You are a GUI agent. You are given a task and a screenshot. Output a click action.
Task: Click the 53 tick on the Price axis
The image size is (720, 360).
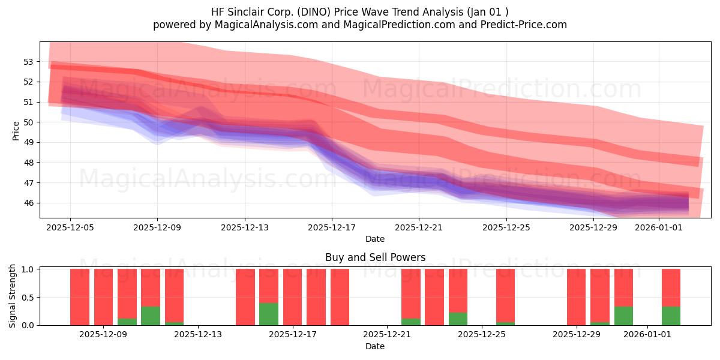pos(28,62)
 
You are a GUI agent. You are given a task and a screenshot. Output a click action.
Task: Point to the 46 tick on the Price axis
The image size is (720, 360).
pos(28,203)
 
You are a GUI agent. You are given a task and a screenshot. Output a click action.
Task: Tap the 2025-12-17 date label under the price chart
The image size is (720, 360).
pos(332,227)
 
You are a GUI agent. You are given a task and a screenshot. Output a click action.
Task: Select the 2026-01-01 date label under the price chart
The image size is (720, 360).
pos(659,227)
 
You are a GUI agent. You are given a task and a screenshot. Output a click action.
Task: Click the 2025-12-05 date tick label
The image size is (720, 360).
pos(70,227)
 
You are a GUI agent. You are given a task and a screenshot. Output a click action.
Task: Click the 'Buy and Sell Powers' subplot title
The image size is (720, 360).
pos(375,257)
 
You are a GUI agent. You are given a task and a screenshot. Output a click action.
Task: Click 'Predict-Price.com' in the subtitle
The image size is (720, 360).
pos(524,25)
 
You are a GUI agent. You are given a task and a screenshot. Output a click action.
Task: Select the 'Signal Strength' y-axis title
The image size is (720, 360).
pos(12,296)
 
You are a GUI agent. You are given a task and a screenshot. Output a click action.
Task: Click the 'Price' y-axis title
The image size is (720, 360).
pos(16,131)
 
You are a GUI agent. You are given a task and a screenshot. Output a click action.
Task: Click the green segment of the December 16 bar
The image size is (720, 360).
pos(269,314)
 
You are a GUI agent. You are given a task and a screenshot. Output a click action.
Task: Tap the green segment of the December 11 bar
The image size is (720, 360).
pos(151,316)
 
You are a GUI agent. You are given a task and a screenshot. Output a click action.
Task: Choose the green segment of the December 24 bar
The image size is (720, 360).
pos(458,319)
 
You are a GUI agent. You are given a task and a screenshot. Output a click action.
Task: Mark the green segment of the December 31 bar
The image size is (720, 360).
pos(623,316)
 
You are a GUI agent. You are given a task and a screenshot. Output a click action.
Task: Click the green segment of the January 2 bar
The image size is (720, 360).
pos(671,316)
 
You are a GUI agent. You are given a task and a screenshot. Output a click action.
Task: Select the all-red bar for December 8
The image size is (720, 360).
pos(80,297)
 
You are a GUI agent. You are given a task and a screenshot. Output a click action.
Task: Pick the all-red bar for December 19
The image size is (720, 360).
pos(340,297)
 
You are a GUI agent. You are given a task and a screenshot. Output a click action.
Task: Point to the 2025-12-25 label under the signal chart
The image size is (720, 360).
pos(481,335)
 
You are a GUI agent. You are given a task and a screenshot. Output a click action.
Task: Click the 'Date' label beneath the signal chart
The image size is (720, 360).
pos(375,346)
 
